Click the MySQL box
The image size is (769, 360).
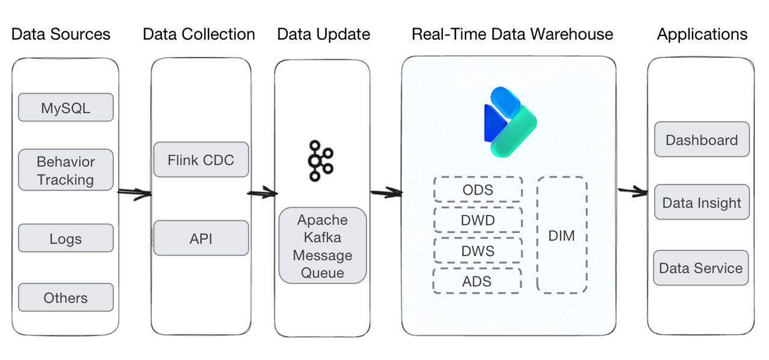[x=65, y=108]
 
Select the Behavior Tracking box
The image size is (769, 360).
[x=65, y=170]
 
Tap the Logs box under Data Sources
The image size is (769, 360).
[x=65, y=238]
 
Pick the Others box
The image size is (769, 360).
[x=65, y=297]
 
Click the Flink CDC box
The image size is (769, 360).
[x=201, y=160]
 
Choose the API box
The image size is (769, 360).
[x=201, y=238]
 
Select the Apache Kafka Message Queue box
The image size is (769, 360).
[x=323, y=246]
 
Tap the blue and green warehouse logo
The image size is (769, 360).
[x=509, y=122]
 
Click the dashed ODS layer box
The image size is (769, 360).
[x=478, y=189]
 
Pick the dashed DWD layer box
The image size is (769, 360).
[x=478, y=220]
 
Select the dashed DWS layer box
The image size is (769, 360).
[x=478, y=250]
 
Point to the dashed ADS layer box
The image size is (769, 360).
[x=476, y=281]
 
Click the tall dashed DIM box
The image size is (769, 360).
[x=562, y=235]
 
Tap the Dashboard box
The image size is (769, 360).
[x=701, y=139]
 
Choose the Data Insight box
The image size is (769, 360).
[x=701, y=203]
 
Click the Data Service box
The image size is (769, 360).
[x=701, y=267]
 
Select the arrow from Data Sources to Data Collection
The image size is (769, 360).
[x=134, y=193]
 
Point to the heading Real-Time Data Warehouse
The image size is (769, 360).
[x=512, y=34]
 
